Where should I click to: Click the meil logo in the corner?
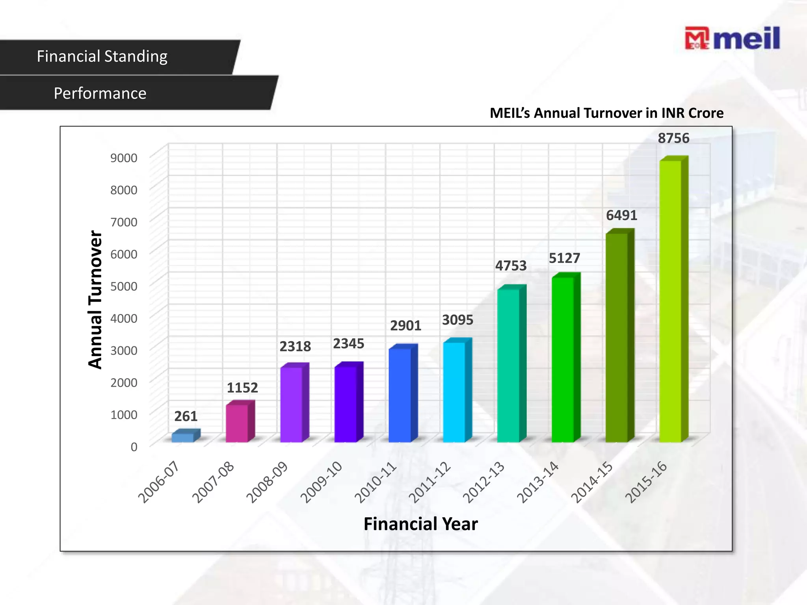point(732,38)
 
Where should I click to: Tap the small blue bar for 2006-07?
point(183,437)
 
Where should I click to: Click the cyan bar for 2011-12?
point(454,392)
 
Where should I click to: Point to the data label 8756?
point(673,138)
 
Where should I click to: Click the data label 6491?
point(621,215)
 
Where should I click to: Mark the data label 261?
point(186,416)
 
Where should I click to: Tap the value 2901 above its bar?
point(405,326)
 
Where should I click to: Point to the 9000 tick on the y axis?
point(124,158)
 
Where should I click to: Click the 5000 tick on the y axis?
point(124,286)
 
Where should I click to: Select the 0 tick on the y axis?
point(134,447)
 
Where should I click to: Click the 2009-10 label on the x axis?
point(322,482)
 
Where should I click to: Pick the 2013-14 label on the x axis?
point(538,482)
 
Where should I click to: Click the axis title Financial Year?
point(420,524)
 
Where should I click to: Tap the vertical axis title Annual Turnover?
point(95,299)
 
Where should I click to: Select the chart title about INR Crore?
point(606,113)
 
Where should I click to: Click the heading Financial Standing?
point(102,56)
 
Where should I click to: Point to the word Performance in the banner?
point(100,93)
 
